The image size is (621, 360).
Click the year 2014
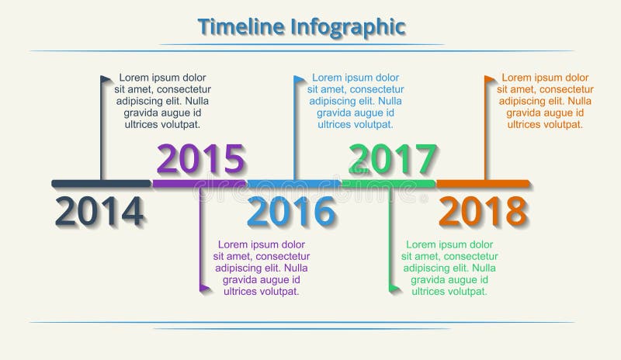(100, 211)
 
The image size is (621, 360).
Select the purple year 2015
(201, 159)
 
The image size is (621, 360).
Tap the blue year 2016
(292, 211)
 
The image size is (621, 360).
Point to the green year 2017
(391, 159)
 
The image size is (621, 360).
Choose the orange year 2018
(483, 211)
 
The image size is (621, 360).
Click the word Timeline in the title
(242, 26)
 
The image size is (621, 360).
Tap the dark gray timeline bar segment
(101, 184)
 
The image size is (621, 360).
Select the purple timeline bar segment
(199, 184)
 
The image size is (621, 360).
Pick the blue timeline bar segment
(294, 184)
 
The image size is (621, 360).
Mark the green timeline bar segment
(389, 184)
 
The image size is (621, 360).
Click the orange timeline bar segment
(484, 184)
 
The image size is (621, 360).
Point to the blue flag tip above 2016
(299, 79)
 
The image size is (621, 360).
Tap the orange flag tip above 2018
(491, 79)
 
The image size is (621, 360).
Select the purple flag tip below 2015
(205, 289)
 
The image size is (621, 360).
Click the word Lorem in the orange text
(517, 78)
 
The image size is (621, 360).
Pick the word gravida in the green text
(432, 280)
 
